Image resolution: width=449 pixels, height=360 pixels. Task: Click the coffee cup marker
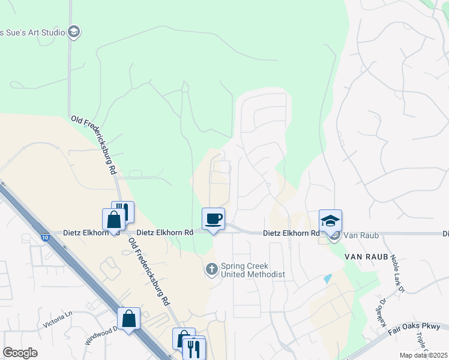pos(213,219)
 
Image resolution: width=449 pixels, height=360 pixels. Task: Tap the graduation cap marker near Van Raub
pos(330,221)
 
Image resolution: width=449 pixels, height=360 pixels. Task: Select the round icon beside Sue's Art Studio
pos(74,32)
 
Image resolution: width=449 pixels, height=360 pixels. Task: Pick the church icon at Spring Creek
pos(211,270)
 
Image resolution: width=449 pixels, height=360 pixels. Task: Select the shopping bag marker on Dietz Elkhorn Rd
pos(113,220)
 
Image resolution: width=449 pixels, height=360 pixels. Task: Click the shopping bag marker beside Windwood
pos(129,319)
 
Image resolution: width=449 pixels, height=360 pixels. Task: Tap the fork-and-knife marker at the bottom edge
pos(193,349)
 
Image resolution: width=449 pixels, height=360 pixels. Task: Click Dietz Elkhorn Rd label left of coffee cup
pos(164,232)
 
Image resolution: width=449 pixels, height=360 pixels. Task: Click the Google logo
pos(20,353)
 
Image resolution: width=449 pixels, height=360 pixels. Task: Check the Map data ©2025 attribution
pos(423,355)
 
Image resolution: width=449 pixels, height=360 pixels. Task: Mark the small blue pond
pos(327,279)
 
